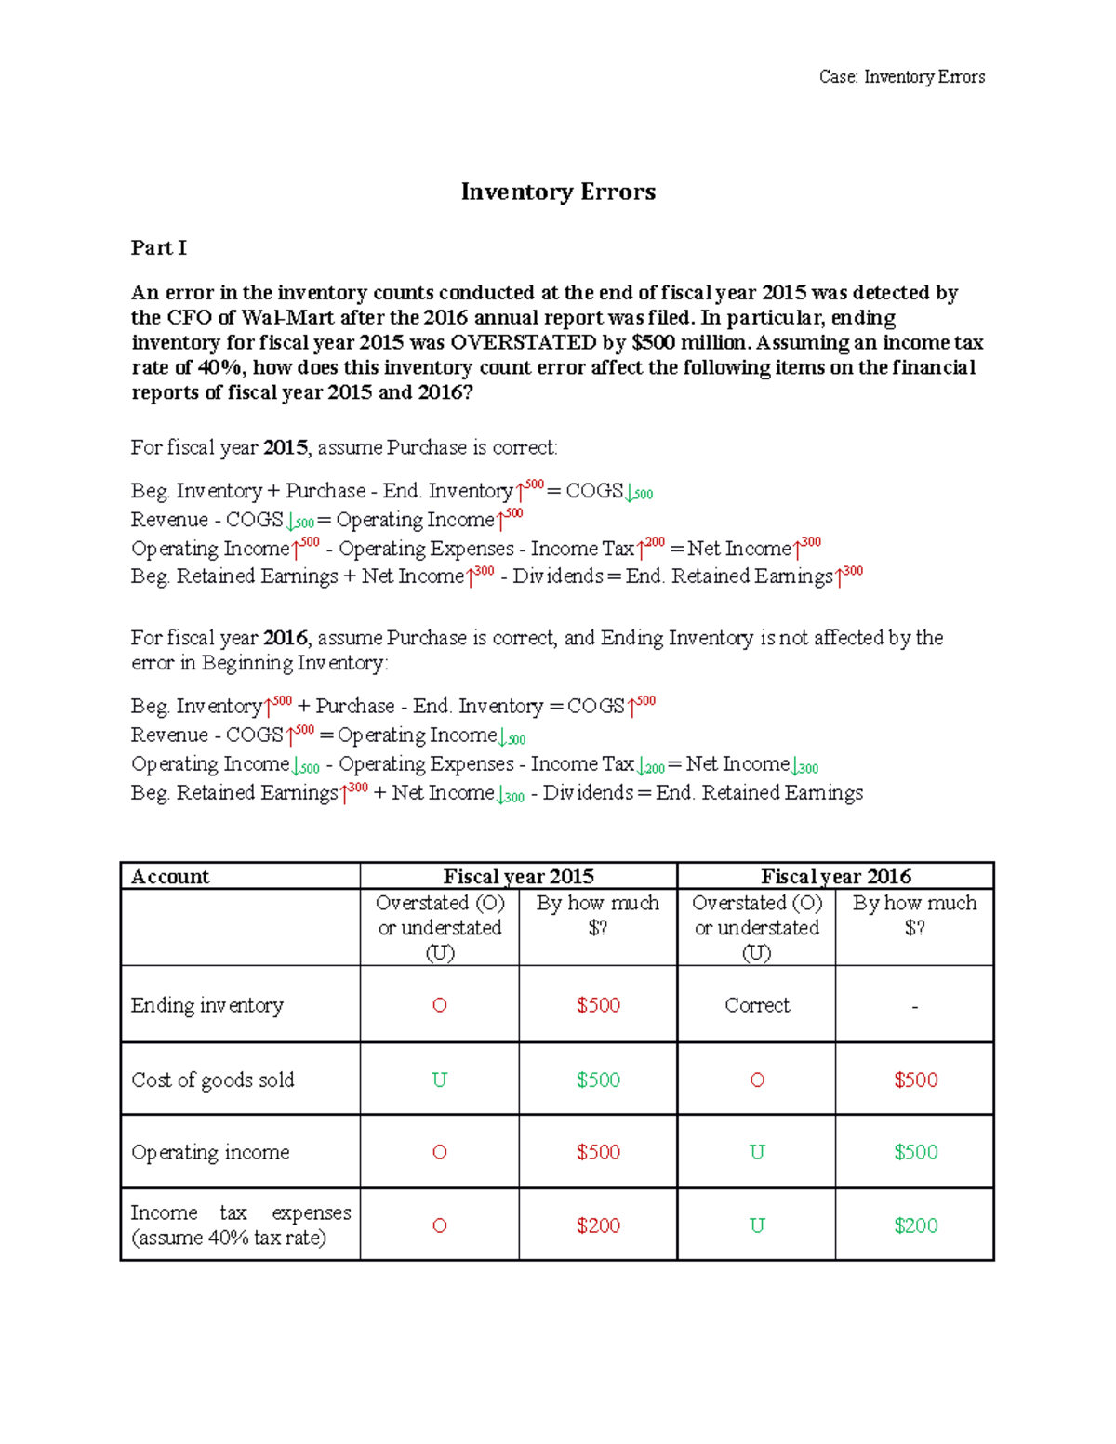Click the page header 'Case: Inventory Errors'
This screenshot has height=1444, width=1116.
[x=901, y=77]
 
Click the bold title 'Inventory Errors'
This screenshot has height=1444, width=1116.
[x=558, y=192]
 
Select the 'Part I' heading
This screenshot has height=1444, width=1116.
[x=158, y=247]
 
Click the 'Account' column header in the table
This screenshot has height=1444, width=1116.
[x=170, y=876]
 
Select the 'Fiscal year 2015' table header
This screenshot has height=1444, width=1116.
[x=518, y=876]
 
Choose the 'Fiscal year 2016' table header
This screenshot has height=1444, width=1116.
[x=835, y=876]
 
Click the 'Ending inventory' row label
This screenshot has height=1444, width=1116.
[x=206, y=1005]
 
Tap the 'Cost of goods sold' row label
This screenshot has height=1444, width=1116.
[x=212, y=1080]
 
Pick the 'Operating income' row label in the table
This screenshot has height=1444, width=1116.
[x=210, y=1152]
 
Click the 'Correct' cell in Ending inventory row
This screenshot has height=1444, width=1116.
[x=756, y=1005]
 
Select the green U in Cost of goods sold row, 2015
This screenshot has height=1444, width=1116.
[x=439, y=1080]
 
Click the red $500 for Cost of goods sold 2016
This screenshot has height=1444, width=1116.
[x=915, y=1080]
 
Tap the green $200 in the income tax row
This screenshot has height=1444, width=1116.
[x=915, y=1225]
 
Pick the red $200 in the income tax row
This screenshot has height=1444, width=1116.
[x=597, y=1225]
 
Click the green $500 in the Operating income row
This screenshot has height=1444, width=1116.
[x=915, y=1152]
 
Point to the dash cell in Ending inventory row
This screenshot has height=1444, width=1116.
[x=915, y=1006]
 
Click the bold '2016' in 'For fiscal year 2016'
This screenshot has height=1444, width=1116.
[x=285, y=638]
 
